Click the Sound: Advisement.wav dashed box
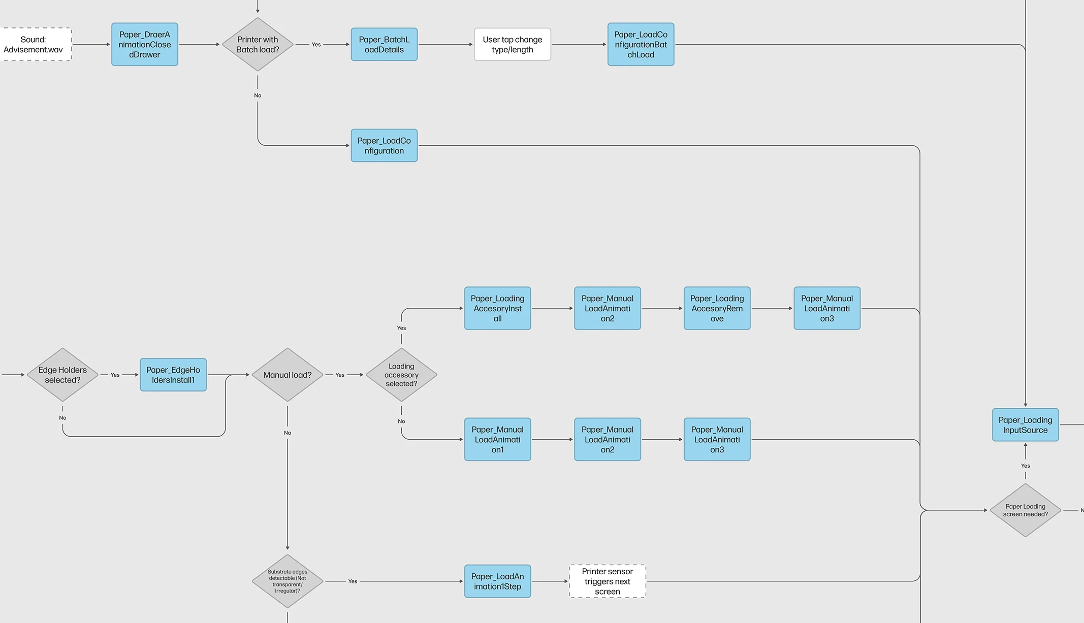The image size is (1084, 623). click(34, 45)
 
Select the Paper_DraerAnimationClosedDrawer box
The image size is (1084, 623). click(145, 45)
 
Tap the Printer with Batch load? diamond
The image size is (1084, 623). click(258, 45)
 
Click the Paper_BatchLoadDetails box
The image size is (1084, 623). click(384, 45)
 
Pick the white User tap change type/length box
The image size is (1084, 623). click(512, 45)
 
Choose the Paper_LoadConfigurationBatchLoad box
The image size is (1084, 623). click(641, 45)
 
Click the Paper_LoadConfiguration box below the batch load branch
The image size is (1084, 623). click(384, 146)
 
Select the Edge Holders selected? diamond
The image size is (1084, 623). click(62, 375)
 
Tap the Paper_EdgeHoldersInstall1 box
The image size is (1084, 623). click(173, 375)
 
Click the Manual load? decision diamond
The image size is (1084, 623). click(288, 375)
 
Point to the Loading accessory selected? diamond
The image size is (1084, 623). click(401, 375)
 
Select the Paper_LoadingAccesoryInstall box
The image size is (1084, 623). click(497, 308)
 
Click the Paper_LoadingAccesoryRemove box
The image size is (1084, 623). click(717, 308)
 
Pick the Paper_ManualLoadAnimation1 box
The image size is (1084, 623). click(497, 439)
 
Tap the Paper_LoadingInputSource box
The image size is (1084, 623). click(1025, 425)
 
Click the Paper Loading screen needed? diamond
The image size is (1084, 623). click(1025, 510)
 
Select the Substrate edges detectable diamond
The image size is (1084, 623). click(288, 581)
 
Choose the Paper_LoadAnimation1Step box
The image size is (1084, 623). click(497, 581)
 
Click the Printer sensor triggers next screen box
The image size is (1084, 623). click(608, 581)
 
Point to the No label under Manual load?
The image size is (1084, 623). click(288, 433)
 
